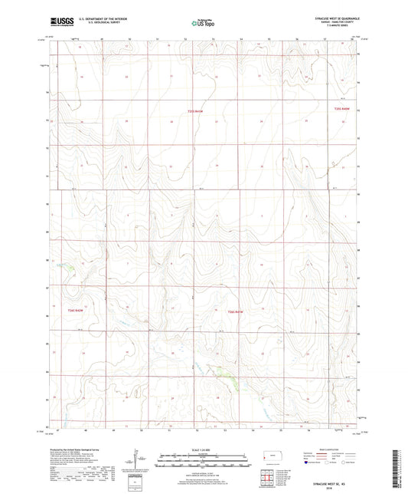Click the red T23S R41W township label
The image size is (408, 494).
tap(197, 113)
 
